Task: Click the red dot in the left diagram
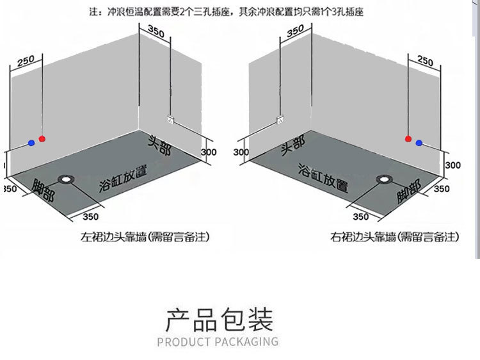[42, 138]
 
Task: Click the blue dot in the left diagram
[31, 143]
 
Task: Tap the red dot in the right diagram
[408, 138]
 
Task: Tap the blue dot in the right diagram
[419, 143]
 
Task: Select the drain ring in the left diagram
[66, 179]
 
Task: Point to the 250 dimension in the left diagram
[26, 61]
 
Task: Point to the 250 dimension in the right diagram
[425, 61]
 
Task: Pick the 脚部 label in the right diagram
[408, 191]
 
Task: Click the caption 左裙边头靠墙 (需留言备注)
[145, 237]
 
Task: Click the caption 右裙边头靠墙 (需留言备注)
[395, 237]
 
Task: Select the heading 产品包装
[219, 319]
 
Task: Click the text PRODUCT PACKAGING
[218, 341]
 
